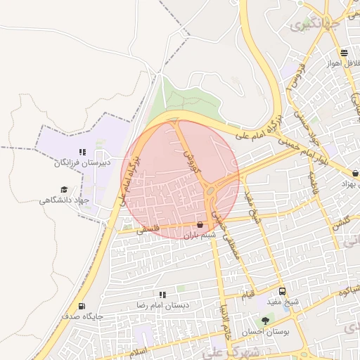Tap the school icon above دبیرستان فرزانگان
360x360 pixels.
[82, 151]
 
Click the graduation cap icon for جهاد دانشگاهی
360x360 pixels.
[64, 190]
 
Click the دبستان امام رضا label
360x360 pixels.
[162, 305]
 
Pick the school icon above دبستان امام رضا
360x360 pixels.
[162, 295]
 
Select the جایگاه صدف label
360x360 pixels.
[82, 316]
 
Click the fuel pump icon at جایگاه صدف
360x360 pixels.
[82, 307]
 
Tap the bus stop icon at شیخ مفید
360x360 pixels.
[282, 291]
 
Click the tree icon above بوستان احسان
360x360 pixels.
[265, 321]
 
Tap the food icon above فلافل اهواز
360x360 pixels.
[343, 53]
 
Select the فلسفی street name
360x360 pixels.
[149, 229]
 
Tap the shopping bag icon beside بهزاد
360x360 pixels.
[355, 173]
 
